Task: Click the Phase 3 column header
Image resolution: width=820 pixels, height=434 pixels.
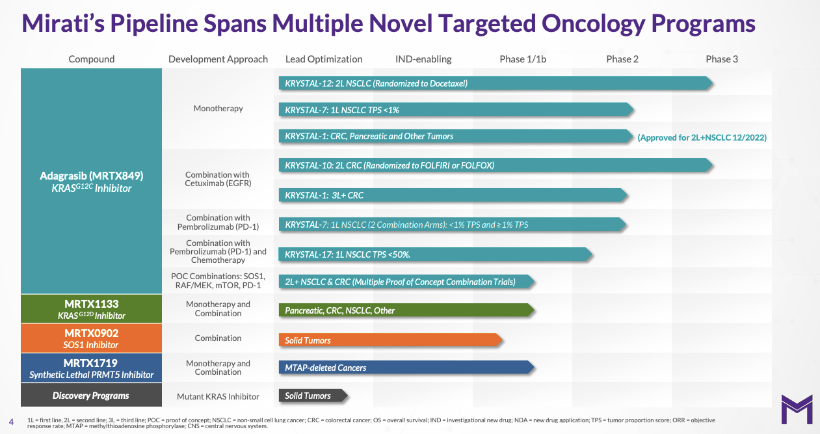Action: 722,59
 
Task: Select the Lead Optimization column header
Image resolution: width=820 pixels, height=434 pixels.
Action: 324,59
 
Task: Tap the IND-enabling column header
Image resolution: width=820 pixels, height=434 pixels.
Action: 423,59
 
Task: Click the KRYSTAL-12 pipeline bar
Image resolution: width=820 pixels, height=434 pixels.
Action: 494,83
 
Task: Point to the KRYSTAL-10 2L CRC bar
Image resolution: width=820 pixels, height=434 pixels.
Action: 494,165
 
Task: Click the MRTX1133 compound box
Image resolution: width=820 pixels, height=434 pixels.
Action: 91,309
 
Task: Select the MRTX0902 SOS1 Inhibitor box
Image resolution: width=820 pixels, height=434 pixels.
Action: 91,338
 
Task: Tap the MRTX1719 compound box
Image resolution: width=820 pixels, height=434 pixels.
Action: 91,368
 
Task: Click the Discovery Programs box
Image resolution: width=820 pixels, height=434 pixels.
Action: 91,396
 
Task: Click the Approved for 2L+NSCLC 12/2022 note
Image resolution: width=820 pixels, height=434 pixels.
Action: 702,137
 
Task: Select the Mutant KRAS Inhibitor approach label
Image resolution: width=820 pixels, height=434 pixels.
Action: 218,396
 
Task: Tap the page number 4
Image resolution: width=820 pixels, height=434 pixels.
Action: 11,420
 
